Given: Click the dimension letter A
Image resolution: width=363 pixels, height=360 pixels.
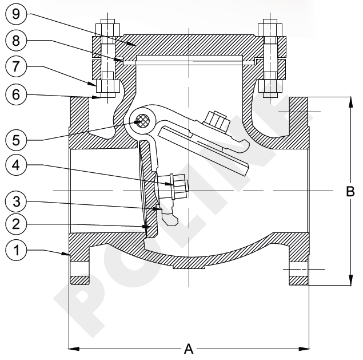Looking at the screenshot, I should tap(188, 347).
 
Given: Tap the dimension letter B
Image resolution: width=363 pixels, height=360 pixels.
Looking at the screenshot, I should tap(350, 192).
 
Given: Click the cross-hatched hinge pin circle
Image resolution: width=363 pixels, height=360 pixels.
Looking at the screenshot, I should tap(142, 121).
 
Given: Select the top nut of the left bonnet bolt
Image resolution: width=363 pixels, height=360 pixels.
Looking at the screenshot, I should tap(107, 30).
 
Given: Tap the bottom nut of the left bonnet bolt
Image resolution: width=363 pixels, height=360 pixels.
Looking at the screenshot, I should tap(107, 86).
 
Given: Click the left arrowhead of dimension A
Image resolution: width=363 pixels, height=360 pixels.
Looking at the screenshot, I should tap(71, 347).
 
